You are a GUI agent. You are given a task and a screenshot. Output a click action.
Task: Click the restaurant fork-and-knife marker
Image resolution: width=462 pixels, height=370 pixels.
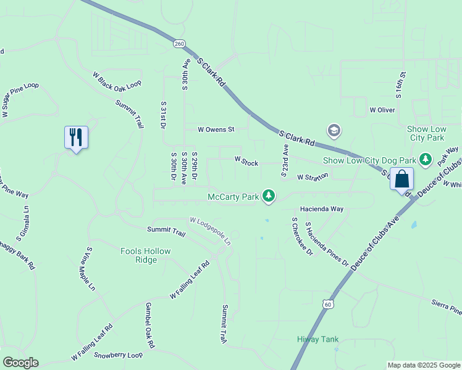77,137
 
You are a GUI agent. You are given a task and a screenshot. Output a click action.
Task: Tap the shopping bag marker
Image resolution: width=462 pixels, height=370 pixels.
401,179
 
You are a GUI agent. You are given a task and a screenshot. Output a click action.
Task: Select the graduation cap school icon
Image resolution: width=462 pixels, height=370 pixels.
334,130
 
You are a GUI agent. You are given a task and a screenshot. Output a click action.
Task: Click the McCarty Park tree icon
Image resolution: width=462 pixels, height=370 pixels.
269,196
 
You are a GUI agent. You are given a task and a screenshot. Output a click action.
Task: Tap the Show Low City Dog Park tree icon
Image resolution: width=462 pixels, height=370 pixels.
425,160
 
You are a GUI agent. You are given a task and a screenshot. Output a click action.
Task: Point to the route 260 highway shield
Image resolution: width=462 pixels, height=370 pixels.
179,44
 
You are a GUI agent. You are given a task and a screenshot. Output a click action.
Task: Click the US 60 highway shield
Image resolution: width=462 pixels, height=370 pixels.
328,303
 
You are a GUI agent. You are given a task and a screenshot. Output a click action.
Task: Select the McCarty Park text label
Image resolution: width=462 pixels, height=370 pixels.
232,197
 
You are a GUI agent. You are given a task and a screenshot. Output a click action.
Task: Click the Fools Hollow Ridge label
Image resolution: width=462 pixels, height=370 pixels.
145,255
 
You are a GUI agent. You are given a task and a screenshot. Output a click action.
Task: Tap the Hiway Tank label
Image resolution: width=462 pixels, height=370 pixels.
317,339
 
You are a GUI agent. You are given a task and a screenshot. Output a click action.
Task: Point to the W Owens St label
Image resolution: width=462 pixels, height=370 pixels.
216,129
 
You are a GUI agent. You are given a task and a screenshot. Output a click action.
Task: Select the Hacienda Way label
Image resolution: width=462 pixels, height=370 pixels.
322,209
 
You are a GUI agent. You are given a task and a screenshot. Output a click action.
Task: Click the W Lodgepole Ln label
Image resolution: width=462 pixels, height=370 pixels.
214,229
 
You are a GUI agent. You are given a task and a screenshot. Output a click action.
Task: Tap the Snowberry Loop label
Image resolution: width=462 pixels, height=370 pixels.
119,355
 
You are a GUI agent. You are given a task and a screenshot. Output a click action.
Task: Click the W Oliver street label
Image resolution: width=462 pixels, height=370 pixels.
382,110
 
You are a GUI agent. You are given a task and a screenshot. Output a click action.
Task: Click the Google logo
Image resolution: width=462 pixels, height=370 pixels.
20,363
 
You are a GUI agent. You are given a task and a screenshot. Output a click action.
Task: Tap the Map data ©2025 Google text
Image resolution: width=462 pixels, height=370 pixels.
424,365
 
